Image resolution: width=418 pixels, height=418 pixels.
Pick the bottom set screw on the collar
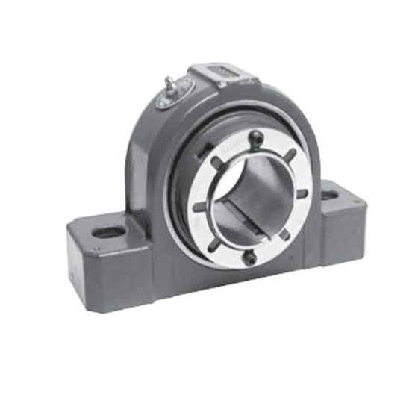click(x=252, y=258)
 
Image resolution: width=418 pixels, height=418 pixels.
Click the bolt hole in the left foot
click(x=109, y=233)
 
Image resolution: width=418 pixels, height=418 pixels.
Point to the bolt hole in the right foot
click(x=330, y=196)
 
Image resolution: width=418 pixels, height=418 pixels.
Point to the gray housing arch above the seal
click(x=142, y=142)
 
